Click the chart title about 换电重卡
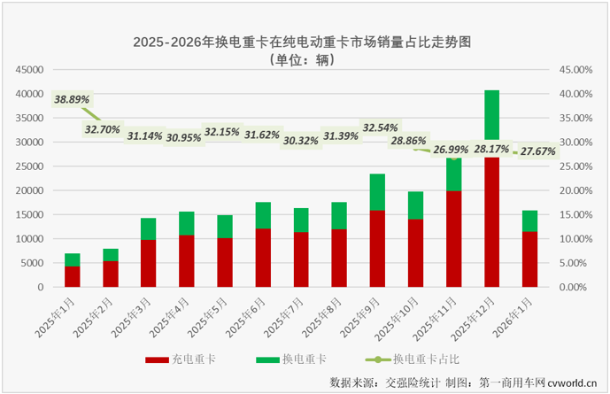(x=305, y=42)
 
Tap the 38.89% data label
(x=72, y=100)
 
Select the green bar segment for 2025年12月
(x=491, y=115)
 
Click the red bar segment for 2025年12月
(x=491, y=221)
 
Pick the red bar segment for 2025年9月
(x=377, y=248)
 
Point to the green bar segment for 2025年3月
(x=149, y=228)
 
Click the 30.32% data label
(x=302, y=140)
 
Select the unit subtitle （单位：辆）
(x=305, y=60)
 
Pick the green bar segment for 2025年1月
(x=73, y=259)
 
